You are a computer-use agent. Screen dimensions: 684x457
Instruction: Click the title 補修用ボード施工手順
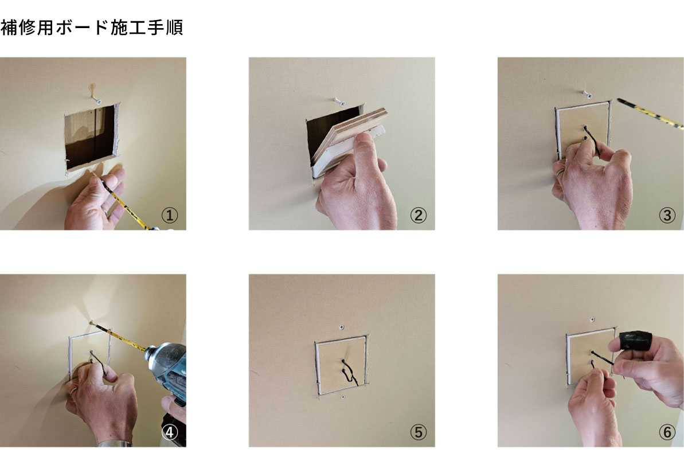(92, 28)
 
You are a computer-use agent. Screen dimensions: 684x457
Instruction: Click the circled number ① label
(170, 215)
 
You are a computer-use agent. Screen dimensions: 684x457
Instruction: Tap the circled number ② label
(419, 215)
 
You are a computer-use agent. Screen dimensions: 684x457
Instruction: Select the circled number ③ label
(667, 215)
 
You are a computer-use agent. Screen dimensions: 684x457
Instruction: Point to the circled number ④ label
(170, 432)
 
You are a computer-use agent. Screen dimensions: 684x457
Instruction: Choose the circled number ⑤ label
(419, 432)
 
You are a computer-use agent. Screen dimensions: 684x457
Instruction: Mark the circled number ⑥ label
(667, 432)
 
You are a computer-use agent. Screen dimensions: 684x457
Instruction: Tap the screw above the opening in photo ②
(339, 102)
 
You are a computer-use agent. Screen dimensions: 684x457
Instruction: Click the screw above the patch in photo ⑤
(342, 327)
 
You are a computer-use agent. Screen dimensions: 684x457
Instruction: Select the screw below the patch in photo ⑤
(343, 397)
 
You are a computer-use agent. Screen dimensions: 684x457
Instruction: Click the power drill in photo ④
(168, 370)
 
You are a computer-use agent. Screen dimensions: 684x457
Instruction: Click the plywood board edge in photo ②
(358, 127)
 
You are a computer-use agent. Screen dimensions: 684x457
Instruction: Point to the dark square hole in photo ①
(91, 136)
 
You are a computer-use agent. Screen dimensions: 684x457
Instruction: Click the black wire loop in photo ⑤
(349, 373)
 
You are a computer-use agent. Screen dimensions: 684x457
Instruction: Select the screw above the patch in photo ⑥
(592, 320)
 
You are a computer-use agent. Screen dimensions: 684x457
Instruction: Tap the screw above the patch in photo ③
(587, 93)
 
